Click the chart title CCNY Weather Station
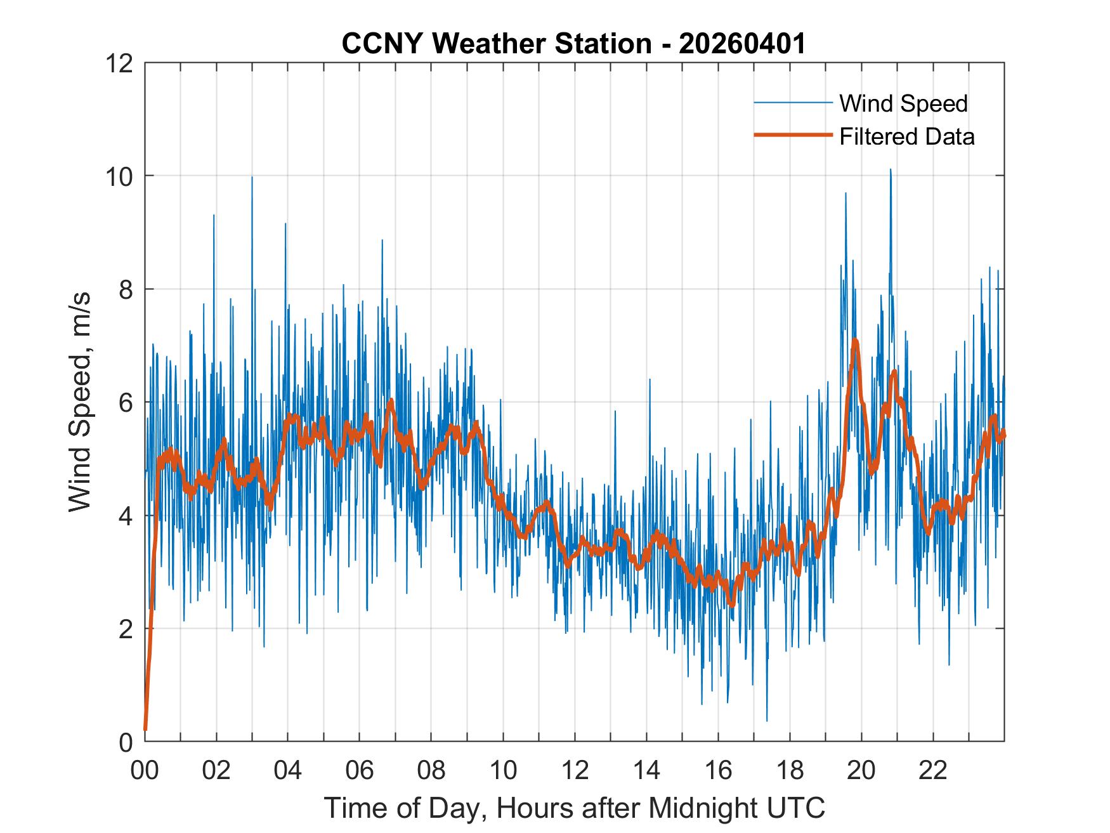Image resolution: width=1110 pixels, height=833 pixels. (496, 44)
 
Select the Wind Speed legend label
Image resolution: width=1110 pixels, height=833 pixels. (903, 103)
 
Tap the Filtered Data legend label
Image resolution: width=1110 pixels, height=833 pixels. (906, 136)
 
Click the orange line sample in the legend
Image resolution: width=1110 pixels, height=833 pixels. (793, 135)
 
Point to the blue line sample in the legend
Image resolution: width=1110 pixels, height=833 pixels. (793, 103)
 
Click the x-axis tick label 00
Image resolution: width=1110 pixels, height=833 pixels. (145, 771)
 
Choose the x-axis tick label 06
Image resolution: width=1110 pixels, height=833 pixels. (360, 771)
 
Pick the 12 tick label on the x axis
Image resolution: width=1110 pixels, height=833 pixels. (575, 771)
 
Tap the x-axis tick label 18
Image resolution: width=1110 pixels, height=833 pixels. (790, 771)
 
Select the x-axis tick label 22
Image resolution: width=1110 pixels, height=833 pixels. (933, 771)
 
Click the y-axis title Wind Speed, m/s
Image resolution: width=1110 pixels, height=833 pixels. (80, 402)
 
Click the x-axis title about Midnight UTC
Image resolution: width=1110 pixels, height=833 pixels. (575, 808)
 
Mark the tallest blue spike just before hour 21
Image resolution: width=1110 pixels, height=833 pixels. (891, 170)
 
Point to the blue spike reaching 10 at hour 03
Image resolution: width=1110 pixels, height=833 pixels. (252, 178)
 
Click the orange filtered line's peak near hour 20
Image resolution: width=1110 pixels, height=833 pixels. (855, 341)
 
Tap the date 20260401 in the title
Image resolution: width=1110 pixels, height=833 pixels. (742, 44)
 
